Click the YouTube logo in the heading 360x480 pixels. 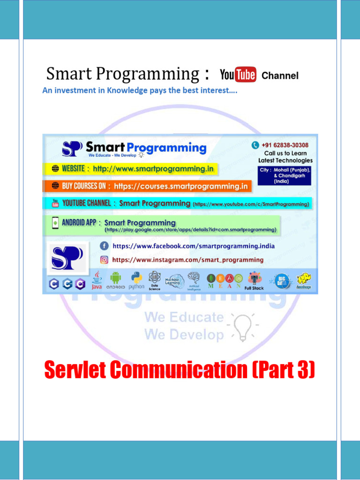(x=238, y=75)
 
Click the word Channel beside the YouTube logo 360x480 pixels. (x=280, y=75)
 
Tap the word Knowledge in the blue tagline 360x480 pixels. (x=128, y=90)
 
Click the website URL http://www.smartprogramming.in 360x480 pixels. (x=153, y=169)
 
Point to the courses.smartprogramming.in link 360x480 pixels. (x=180, y=186)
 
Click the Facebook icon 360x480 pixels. (x=104, y=246)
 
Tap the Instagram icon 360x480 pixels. (x=104, y=260)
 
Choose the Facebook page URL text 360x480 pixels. (x=193, y=246)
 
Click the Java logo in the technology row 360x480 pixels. (x=97, y=279)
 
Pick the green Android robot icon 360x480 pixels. (x=115, y=278)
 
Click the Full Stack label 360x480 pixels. (x=254, y=288)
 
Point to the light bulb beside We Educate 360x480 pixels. (x=243, y=326)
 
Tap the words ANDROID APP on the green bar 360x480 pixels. (x=79, y=223)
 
